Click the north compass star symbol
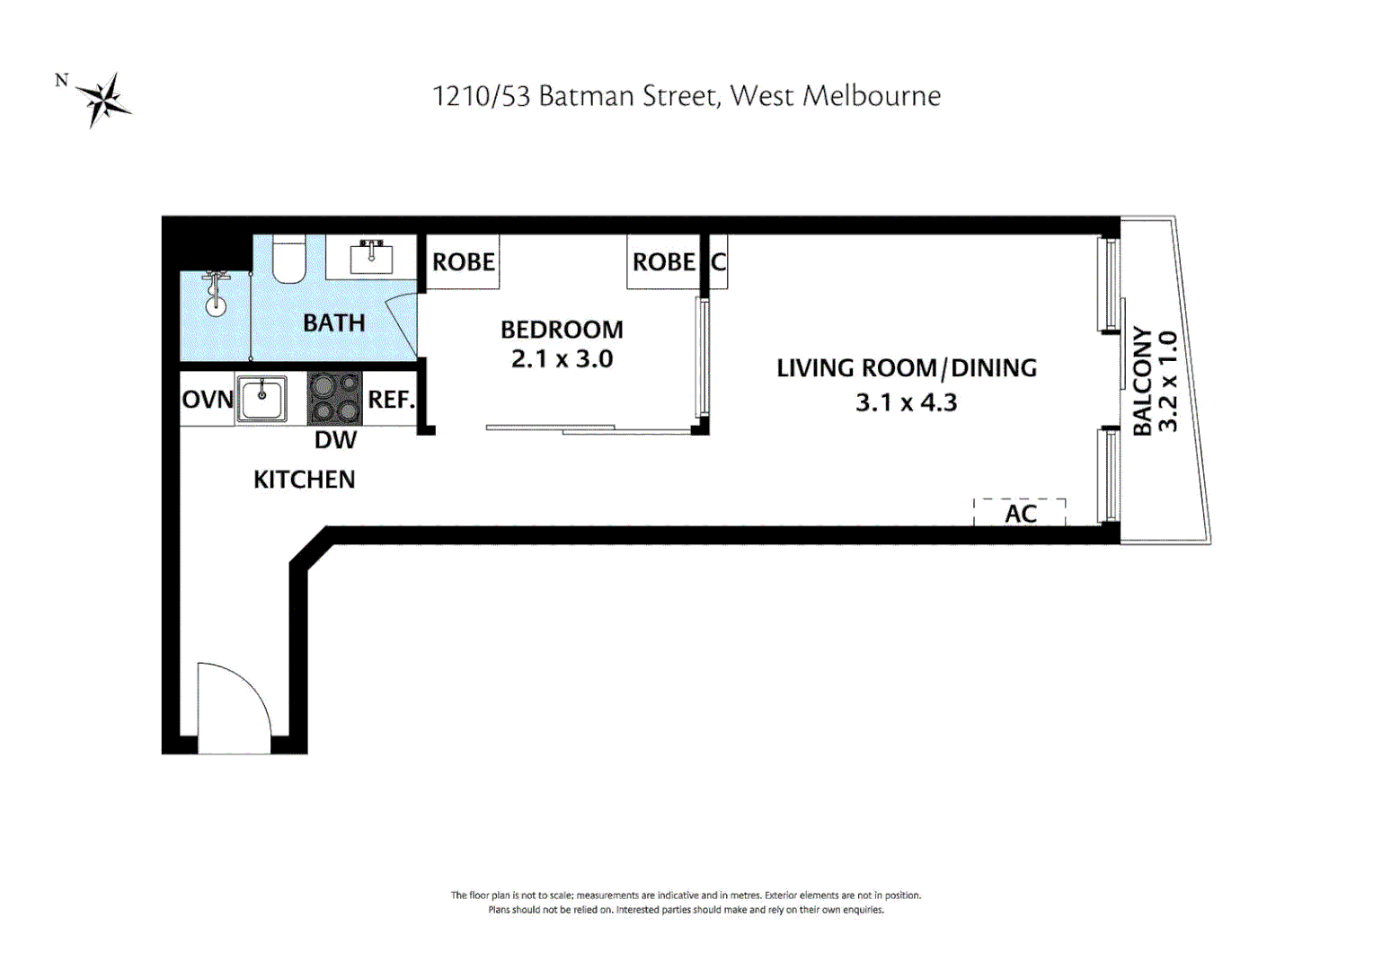point(103,99)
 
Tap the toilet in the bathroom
point(288,260)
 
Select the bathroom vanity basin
point(371,258)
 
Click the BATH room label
point(333,322)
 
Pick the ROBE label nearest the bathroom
point(463,262)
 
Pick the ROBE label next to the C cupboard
point(663,262)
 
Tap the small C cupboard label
point(718,262)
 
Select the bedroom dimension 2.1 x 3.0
point(562,359)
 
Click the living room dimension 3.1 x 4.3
point(906,402)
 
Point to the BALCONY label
point(1141,381)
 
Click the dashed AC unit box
point(1020,513)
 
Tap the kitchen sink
point(261,398)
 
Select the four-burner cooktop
point(334,398)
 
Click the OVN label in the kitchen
point(208,399)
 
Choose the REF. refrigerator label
point(391,399)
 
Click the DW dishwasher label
point(335,440)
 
